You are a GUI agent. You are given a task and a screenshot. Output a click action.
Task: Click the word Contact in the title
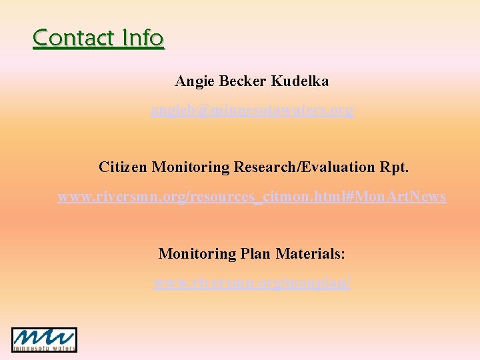(x=74, y=38)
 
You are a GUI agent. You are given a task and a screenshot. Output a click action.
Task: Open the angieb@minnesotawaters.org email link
(x=251, y=110)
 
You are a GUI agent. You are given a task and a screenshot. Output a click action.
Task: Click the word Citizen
(x=123, y=167)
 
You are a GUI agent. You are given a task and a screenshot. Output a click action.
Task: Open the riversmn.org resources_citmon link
(x=251, y=197)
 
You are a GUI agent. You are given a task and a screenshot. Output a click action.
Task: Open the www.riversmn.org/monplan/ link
(x=251, y=283)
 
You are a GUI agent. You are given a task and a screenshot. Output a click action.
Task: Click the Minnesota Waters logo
(x=44, y=339)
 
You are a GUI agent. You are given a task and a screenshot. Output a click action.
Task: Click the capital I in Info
(x=125, y=38)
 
